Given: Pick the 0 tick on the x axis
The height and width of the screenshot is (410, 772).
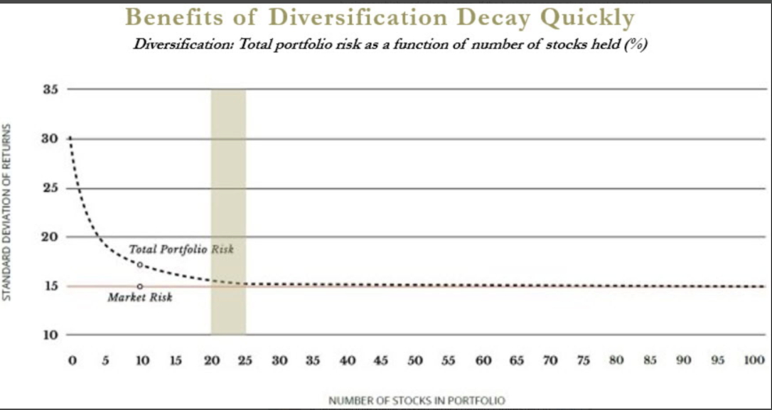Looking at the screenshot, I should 72,361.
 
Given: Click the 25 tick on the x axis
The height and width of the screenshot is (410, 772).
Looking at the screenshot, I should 245,361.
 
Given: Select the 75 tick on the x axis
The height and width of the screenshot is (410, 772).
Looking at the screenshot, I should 583,361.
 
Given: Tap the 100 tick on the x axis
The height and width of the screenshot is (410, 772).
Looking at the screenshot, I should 754,361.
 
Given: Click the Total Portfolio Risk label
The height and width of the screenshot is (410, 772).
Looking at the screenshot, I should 181,250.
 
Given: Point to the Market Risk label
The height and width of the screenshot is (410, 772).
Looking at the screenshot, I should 139,298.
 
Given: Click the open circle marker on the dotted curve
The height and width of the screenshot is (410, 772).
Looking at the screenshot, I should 140,265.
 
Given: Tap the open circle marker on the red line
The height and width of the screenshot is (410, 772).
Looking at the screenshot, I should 140,286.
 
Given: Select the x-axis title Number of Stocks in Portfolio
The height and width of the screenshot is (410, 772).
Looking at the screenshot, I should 417,401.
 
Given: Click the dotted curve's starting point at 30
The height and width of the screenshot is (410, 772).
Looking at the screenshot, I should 71,138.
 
